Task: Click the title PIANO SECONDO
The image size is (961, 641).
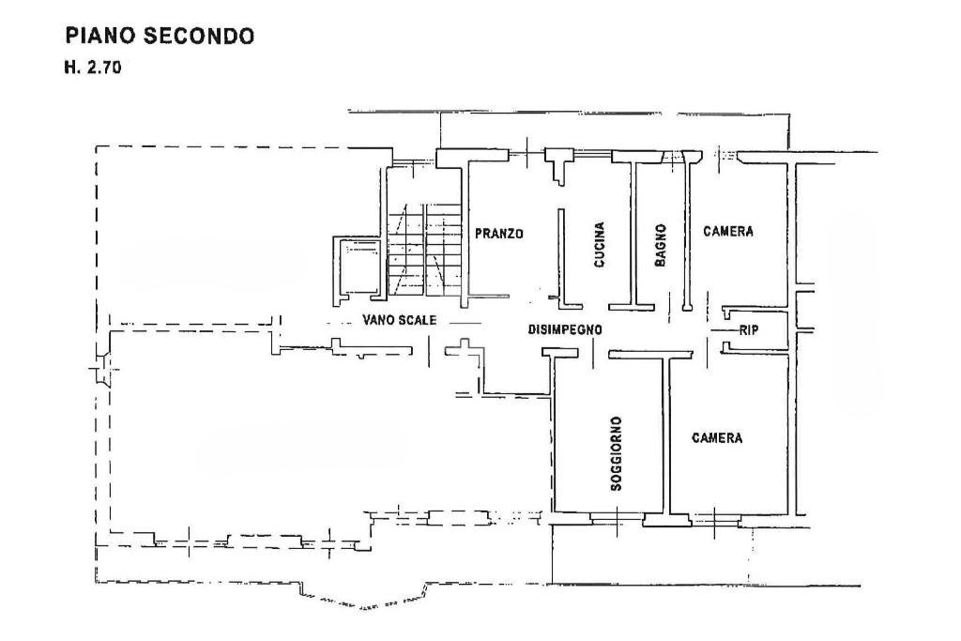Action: [x=159, y=37]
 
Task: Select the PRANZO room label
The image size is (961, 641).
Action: [x=497, y=234]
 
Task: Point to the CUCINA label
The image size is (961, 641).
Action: [x=599, y=245]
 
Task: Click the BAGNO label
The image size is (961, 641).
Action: [x=661, y=245]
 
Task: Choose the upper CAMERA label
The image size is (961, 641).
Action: [x=728, y=232]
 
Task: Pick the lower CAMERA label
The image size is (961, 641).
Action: [x=717, y=437]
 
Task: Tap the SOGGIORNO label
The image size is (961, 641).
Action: [x=615, y=453]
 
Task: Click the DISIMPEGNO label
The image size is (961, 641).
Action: [x=564, y=329]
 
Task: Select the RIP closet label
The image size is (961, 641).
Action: [x=749, y=329]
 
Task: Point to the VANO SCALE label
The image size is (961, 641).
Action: [x=399, y=320]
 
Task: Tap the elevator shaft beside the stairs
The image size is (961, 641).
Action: [x=357, y=267]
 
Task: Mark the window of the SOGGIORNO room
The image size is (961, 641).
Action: [x=617, y=517]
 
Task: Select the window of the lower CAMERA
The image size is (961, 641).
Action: [x=716, y=517]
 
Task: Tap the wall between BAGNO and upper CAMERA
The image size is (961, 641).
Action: [x=687, y=235]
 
